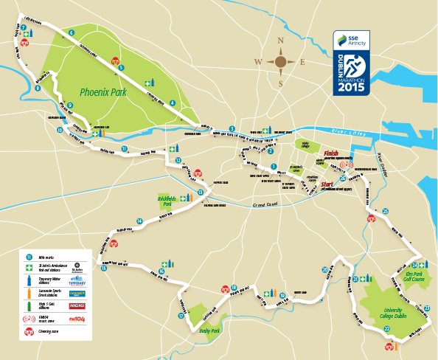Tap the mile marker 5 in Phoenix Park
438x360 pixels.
(120, 69)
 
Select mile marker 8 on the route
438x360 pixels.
(37, 89)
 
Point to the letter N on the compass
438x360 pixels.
(280, 41)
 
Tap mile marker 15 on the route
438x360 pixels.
(104, 268)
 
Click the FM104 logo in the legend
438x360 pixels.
(76, 319)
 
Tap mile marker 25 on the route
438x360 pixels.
(385, 211)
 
